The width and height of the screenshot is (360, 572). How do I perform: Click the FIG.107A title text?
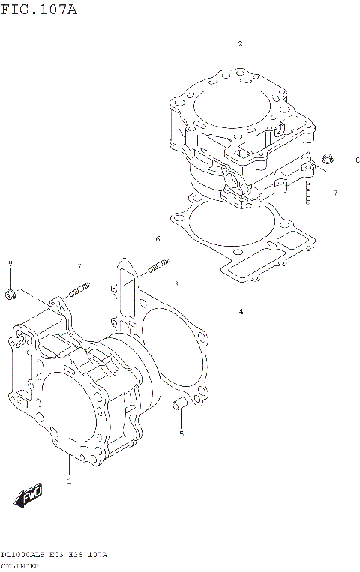(38, 10)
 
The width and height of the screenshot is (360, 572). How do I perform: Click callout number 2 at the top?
(240, 44)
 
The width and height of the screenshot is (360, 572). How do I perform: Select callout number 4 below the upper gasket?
(241, 311)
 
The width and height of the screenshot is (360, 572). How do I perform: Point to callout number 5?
(181, 433)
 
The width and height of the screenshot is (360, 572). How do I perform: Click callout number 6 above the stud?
(157, 239)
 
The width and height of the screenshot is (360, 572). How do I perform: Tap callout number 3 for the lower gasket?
(175, 284)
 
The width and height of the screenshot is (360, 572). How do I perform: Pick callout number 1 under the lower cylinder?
(69, 480)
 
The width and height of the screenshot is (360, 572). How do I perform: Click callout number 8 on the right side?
(357, 160)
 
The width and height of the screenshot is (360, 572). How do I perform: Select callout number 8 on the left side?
(10, 263)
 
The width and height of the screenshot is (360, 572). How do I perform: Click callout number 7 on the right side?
(335, 193)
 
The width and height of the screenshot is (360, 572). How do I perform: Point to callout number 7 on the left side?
(79, 266)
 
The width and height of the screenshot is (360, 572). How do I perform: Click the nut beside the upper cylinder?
(327, 159)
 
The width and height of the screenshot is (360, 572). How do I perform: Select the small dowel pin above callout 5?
(179, 406)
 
